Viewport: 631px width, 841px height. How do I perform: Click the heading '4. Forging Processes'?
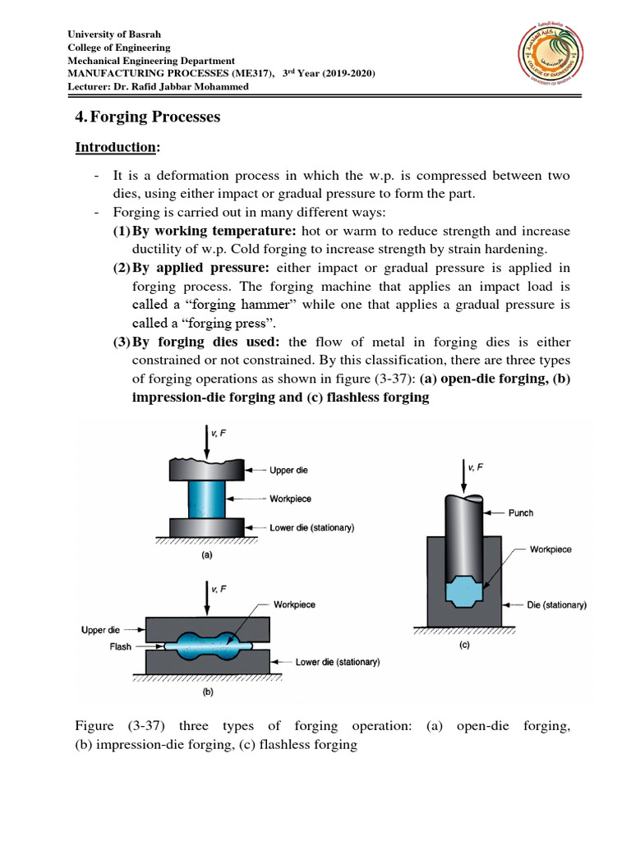(x=148, y=117)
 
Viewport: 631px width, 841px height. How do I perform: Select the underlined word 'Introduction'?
(x=116, y=148)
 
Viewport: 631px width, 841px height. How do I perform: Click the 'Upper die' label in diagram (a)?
(x=292, y=471)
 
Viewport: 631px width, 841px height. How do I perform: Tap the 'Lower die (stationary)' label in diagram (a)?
(x=312, y=528)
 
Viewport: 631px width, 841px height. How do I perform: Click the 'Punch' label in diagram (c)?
(x=520, y=512)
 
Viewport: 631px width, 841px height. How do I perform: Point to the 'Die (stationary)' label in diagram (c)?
(x=556, y=605)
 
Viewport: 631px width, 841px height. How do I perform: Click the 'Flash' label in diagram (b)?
(x=121, y=646)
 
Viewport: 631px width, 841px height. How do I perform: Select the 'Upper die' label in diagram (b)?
(x=105, y=630)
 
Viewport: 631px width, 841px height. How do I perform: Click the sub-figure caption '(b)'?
(x=206, y=692)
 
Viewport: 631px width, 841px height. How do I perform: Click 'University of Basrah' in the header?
(x=114, y=34)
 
